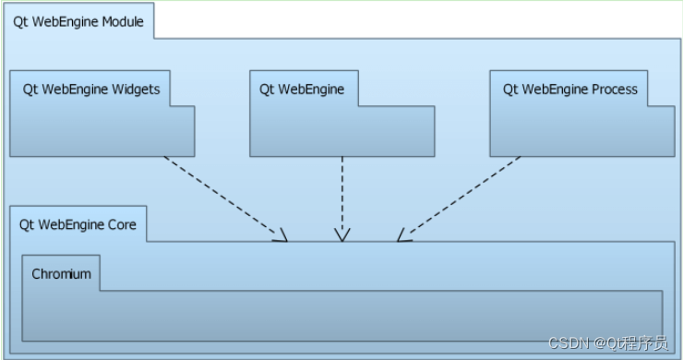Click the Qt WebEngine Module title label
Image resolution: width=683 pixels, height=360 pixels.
point(78,22)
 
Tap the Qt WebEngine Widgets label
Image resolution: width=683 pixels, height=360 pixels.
point(91,90)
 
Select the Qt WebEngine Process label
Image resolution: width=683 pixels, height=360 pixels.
point(570,90)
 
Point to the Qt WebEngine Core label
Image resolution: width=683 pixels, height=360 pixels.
point(78,225)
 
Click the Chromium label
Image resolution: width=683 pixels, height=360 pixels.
point(62,274)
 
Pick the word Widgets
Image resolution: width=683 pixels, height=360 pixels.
point(136,90)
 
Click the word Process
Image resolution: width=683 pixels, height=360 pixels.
point(615,90)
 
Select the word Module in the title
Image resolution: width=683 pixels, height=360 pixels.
point(123,22)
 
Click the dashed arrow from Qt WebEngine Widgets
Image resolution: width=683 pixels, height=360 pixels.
point(225,198)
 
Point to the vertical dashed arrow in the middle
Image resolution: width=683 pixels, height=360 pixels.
point(342,198)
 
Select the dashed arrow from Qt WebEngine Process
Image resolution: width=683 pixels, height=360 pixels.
point(459,198)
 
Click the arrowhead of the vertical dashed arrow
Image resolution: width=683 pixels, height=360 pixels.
point(342,235)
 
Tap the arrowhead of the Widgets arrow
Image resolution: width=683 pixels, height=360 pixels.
point(281,235)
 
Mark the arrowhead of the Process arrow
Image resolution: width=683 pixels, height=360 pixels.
point(403,235)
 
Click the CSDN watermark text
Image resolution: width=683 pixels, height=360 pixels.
point(608,343)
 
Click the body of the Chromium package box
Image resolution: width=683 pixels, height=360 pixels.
point(342,316)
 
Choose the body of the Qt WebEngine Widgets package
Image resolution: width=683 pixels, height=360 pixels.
point(102,131)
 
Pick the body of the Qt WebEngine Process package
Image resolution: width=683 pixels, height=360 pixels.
point(582,131)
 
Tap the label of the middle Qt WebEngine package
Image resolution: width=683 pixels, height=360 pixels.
point(302,90)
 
